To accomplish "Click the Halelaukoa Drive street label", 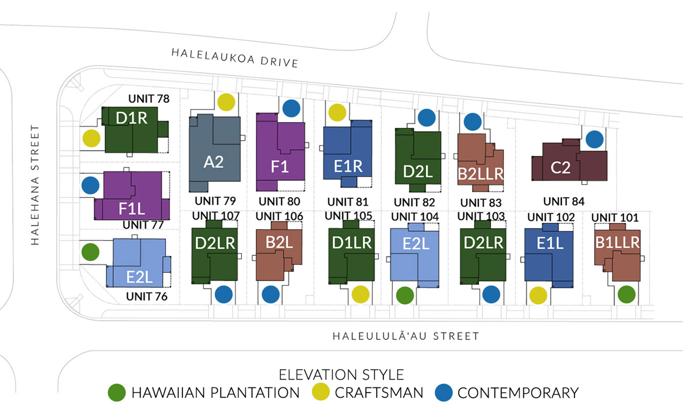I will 235,58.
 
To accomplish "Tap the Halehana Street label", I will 35,185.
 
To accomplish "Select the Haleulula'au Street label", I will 406,336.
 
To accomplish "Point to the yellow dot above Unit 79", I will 226,102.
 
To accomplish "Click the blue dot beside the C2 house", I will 594,139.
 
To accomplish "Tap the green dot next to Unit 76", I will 90,252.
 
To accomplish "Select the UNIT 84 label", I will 563,201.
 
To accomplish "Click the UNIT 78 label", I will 149,99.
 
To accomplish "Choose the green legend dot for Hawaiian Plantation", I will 117,393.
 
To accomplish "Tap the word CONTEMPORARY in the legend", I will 518,393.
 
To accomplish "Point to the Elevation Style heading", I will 341,375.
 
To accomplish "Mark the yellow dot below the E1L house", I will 538,295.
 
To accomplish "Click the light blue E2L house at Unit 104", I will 415,256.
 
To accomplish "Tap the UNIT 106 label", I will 279,216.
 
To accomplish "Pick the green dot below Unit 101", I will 626,294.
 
